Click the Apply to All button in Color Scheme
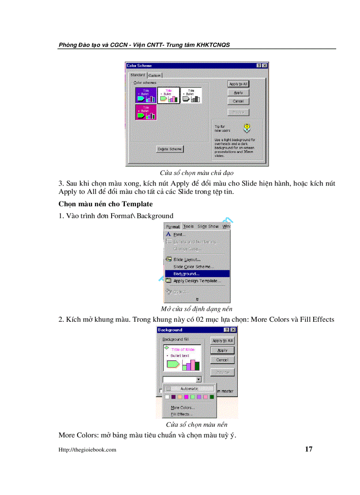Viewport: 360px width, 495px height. (238, 84)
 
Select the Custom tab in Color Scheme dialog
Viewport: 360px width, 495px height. (154, 75)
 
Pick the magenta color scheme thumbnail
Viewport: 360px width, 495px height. (146, 112)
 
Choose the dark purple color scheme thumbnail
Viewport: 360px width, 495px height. (146, 95)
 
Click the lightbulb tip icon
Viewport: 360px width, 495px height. (247, 128)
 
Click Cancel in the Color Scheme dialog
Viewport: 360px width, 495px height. (238, 101)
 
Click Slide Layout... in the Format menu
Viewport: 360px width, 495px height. (187, 260)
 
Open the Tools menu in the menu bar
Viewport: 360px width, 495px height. (188, 226)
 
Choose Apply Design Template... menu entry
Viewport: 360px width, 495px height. (197, 281)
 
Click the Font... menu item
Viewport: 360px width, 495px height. (179, 234)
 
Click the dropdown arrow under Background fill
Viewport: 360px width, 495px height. (199, 379)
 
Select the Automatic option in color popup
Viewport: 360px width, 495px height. (189, 389)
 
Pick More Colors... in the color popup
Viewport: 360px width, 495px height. (183, 408)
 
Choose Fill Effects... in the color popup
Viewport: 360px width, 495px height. (182, 414)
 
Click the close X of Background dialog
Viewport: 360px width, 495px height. (233, 330)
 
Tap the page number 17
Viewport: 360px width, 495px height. (308, 449)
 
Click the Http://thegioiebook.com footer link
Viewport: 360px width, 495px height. (87, 450)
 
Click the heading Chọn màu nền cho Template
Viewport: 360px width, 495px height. (105, 204)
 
